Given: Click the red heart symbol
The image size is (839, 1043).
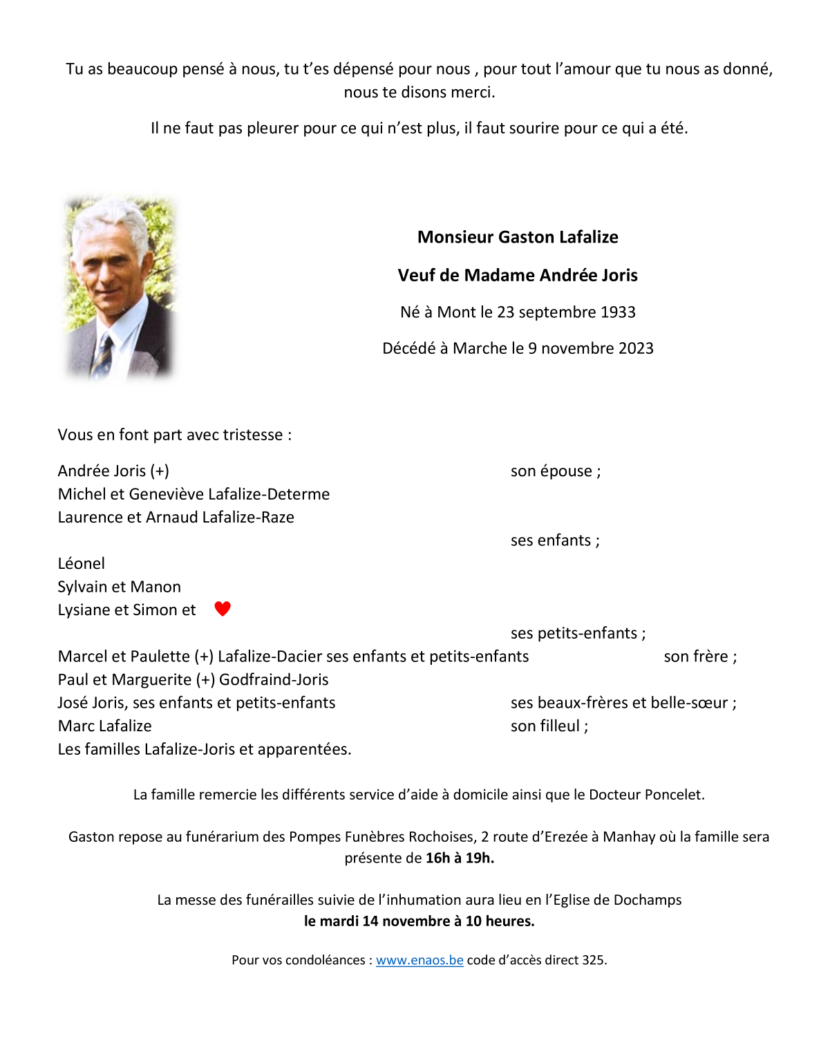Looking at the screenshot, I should click(x=222, y=609).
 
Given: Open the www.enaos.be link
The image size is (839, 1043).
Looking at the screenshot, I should click(x=419, y=960).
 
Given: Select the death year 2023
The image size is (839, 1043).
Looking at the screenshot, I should click(x=636, y=348).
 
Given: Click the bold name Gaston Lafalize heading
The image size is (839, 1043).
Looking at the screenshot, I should click(x=518, y=237).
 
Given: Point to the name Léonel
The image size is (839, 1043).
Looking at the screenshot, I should click(x=82, y=563).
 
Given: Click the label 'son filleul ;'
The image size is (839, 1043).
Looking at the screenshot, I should click(x=549, y=726).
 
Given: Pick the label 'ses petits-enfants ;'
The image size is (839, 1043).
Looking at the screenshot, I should click(x=578, y=633).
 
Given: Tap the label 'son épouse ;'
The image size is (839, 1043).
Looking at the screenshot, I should click(x=556, y=471).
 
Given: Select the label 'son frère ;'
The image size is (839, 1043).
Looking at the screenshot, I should click(x=700, y=657).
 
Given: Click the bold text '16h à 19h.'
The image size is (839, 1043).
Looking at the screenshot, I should click(x=460, y=858).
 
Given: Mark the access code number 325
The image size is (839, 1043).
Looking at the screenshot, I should click(x=594, y=960).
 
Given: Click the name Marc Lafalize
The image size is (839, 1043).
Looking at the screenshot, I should click(x=105, y=726).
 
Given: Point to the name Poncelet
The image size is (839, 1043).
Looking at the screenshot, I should click(x=674, y=795).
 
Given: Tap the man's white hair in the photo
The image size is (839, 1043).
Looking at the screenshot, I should click(x=111, y=214).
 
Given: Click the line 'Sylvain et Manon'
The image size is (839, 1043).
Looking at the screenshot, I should click(x=120, y=587).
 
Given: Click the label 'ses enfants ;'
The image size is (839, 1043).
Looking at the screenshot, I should click(x=555, y=541).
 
